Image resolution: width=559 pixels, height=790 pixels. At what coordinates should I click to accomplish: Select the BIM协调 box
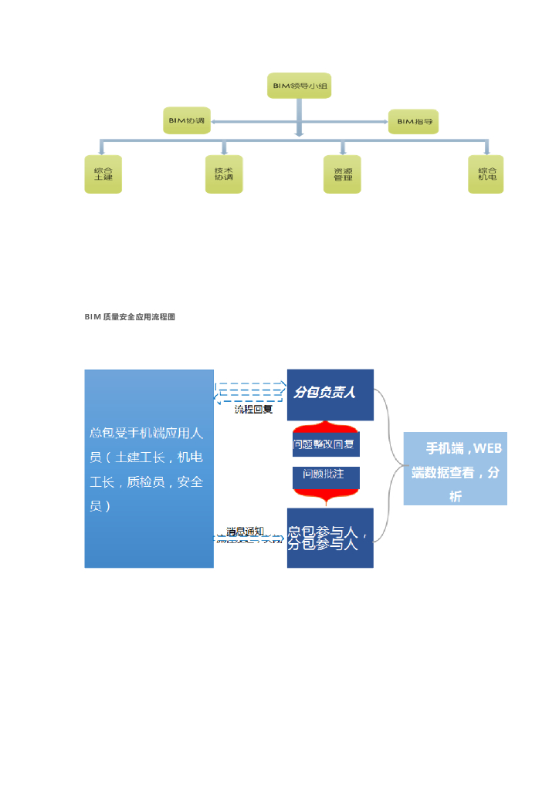click(187, 120)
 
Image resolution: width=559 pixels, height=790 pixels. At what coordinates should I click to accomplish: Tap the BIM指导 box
click(414, 121)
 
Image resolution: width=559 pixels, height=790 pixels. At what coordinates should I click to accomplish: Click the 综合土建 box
click(103, 174)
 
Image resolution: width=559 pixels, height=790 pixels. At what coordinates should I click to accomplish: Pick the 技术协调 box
click(224, 174)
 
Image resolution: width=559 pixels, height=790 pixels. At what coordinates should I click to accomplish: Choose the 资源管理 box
click(343, 174)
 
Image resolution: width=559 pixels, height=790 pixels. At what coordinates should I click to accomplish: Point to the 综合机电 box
click(486, 174)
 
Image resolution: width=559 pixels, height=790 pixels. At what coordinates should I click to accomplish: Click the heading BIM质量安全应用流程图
click(130, 317)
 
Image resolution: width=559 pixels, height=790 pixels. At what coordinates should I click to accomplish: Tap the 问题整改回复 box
click(326, 444)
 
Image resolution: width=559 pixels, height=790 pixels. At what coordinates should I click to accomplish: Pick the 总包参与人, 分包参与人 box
click(330, 538)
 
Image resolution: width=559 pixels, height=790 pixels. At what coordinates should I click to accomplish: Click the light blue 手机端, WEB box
click(455, 469)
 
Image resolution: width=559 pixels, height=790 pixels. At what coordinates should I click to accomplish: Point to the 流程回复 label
click(253, 409)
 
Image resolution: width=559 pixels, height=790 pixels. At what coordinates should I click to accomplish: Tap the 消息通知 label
click(246, 531)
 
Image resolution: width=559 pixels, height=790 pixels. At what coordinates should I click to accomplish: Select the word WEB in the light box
click(487, 448)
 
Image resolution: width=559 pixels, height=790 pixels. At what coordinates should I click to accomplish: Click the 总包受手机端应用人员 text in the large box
click(147, 468)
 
